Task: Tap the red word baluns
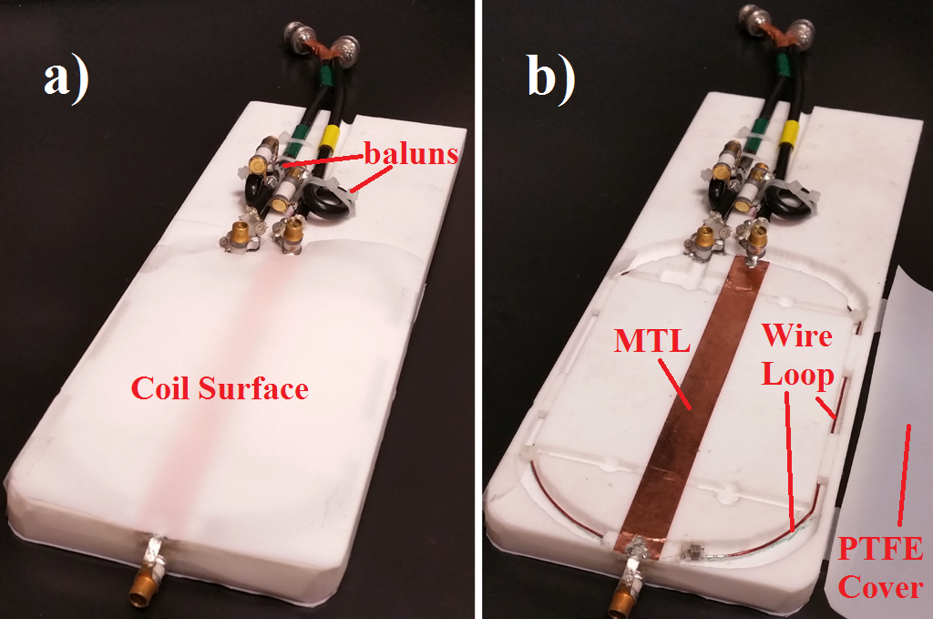click(x=412, y=153)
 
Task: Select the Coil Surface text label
click(x=220, y=389)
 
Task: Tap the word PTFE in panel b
click(x=880, y=549)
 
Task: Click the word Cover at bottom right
click(x=880, y=587)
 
